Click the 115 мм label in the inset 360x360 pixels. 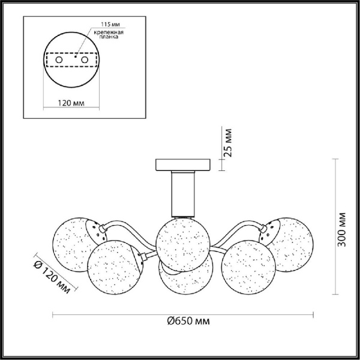tap(111, 24)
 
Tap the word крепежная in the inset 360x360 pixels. tap(109, 32)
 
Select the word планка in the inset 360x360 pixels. tap(109, 37)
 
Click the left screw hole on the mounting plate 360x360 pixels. tap(59, 60)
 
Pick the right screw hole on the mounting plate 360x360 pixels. tap(85, 60)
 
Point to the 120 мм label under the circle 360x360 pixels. tap(71, 103)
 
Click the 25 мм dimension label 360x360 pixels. tap(229, 143)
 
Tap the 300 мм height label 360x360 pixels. tap(342, 230)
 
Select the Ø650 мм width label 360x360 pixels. tap(188, 321)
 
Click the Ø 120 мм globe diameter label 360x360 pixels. tap(52, 277)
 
